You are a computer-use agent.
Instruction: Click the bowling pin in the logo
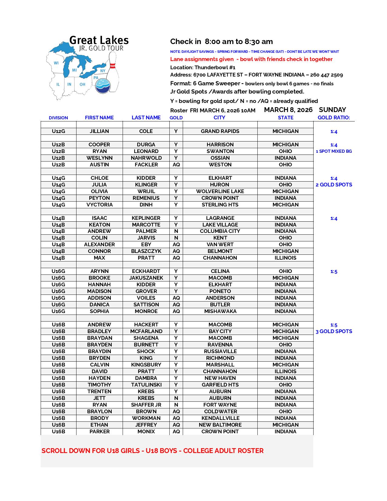[x=113, y=71]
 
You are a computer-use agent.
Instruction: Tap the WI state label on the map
[x=56, y=63]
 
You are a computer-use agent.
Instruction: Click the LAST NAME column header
[x=146, y=118]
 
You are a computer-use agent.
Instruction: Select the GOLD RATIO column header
[x=334, y=118]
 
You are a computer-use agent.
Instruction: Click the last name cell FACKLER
[x=146, y=165]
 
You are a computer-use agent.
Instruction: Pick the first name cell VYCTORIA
[x=99, y=205]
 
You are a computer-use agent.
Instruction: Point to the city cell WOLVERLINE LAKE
[x=220, y=191]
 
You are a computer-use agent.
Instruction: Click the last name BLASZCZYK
[x=146, y=251]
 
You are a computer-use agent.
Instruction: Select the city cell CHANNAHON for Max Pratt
[x=220, y=258]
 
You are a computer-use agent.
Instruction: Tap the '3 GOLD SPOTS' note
[x=334, y=331]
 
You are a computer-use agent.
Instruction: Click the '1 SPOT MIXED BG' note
[x=334, y=151]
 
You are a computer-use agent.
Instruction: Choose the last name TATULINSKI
[x=146, y=385]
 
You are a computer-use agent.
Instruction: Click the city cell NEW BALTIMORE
[x=220, y=425]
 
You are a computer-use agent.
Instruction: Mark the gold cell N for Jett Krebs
[x=176, y=398]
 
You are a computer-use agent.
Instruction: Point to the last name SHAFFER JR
[x=146, y=405]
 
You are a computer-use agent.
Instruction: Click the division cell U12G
[x=58, y=131]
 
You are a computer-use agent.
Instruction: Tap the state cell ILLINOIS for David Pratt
[x=285, y=371]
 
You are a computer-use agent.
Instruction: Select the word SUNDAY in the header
[x=332, y=110]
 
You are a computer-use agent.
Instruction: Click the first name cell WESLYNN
[x=99, y=158]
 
